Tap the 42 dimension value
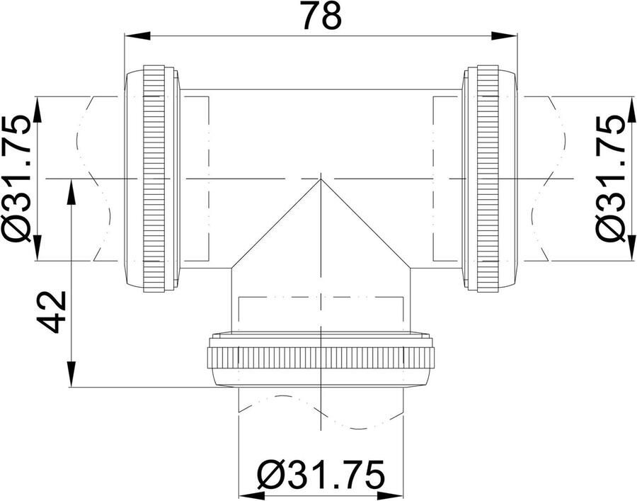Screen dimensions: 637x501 tap(52, 312)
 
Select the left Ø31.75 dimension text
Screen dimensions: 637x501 tap(16, 178)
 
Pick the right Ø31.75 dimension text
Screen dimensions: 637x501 tap(610, 178)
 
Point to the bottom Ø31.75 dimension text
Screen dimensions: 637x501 tap(321, 475)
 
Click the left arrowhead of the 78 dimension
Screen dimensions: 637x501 tap(137, 35)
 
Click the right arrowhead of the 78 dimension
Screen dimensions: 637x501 tap(505, 35)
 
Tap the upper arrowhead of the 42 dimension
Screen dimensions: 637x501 tap(71, 191)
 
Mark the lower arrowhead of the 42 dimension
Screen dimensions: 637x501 tap(71, 373)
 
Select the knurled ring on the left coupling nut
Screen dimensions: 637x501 tap(154, 178)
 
